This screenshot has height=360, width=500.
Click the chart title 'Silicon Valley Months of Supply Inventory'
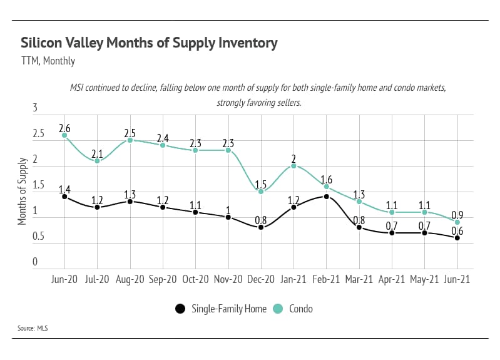[x=149, y=43]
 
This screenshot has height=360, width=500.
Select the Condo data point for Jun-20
[x=64, y=135]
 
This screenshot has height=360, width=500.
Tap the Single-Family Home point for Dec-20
[x=261, y=227]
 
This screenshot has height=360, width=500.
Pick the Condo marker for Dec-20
[x=261, y=192]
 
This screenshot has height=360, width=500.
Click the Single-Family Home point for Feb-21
[x=327, y=197]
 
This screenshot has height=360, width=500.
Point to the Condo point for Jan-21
[x=293, y=166]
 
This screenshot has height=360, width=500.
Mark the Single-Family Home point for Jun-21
[x=457, y=238]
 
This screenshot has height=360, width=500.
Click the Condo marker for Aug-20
[x=130, y=140]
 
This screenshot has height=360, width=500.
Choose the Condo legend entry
[x=293, y=309]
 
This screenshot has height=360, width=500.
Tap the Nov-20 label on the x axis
[x=228, y=280]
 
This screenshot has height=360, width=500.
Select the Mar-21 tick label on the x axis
[x=359, y=280]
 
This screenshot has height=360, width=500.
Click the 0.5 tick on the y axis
[x=38, y=237]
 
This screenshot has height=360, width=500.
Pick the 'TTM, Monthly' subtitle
[x=48, y=61]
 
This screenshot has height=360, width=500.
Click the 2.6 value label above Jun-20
[x=64, y=128]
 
